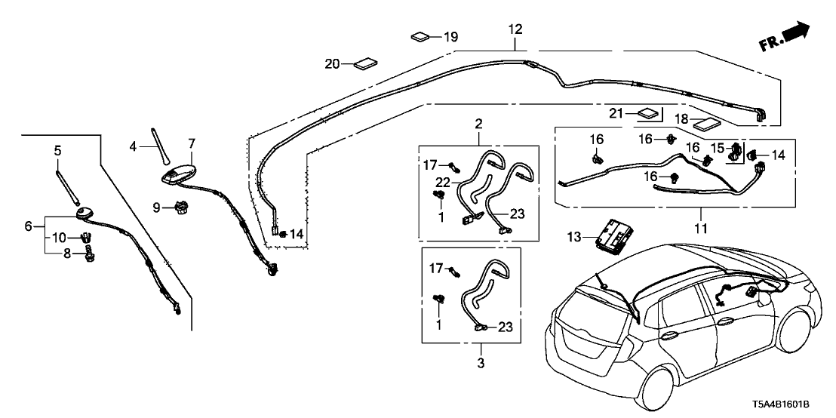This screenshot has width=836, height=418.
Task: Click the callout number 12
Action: tap(515, 29)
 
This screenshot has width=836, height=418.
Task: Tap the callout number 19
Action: tap(450, 36)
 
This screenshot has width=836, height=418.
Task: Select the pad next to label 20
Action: tap(366, 64)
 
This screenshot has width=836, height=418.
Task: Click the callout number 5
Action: tap(57, 151)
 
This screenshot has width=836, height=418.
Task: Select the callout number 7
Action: tap(192, 143)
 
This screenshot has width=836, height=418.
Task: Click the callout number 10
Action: tap(58, 238)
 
